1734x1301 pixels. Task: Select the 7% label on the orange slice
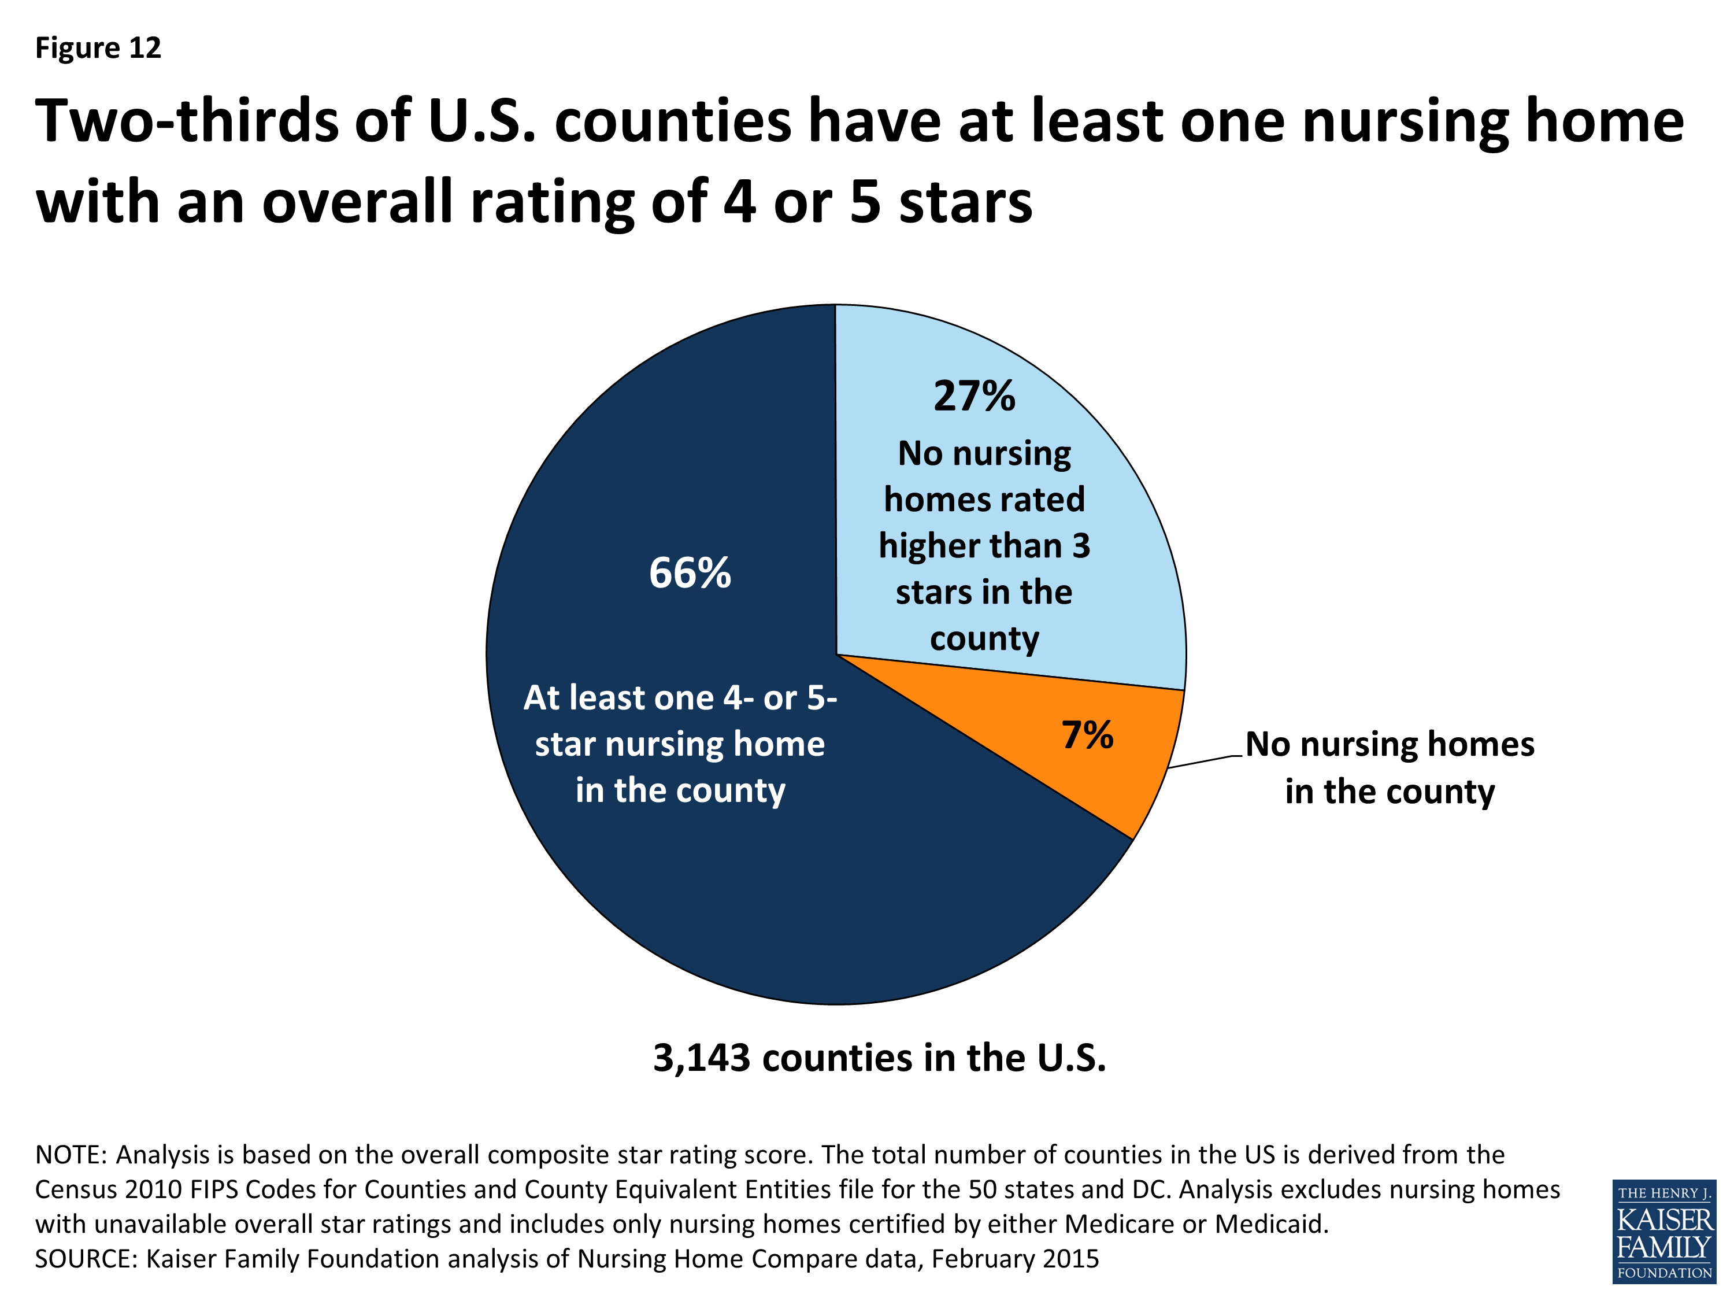(x=1087, y=735)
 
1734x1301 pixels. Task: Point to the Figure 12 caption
(x=98, y=48)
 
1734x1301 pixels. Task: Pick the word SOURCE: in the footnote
(x=86, y=1259)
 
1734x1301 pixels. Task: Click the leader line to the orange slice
(x=1206, y=762)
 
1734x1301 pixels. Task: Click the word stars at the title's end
(x=965, y=202)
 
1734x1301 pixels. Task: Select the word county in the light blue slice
(x=984, y=638)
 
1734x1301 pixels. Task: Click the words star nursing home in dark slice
(x=680, y=744)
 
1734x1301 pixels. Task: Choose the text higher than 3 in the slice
(x=984, y=546)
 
